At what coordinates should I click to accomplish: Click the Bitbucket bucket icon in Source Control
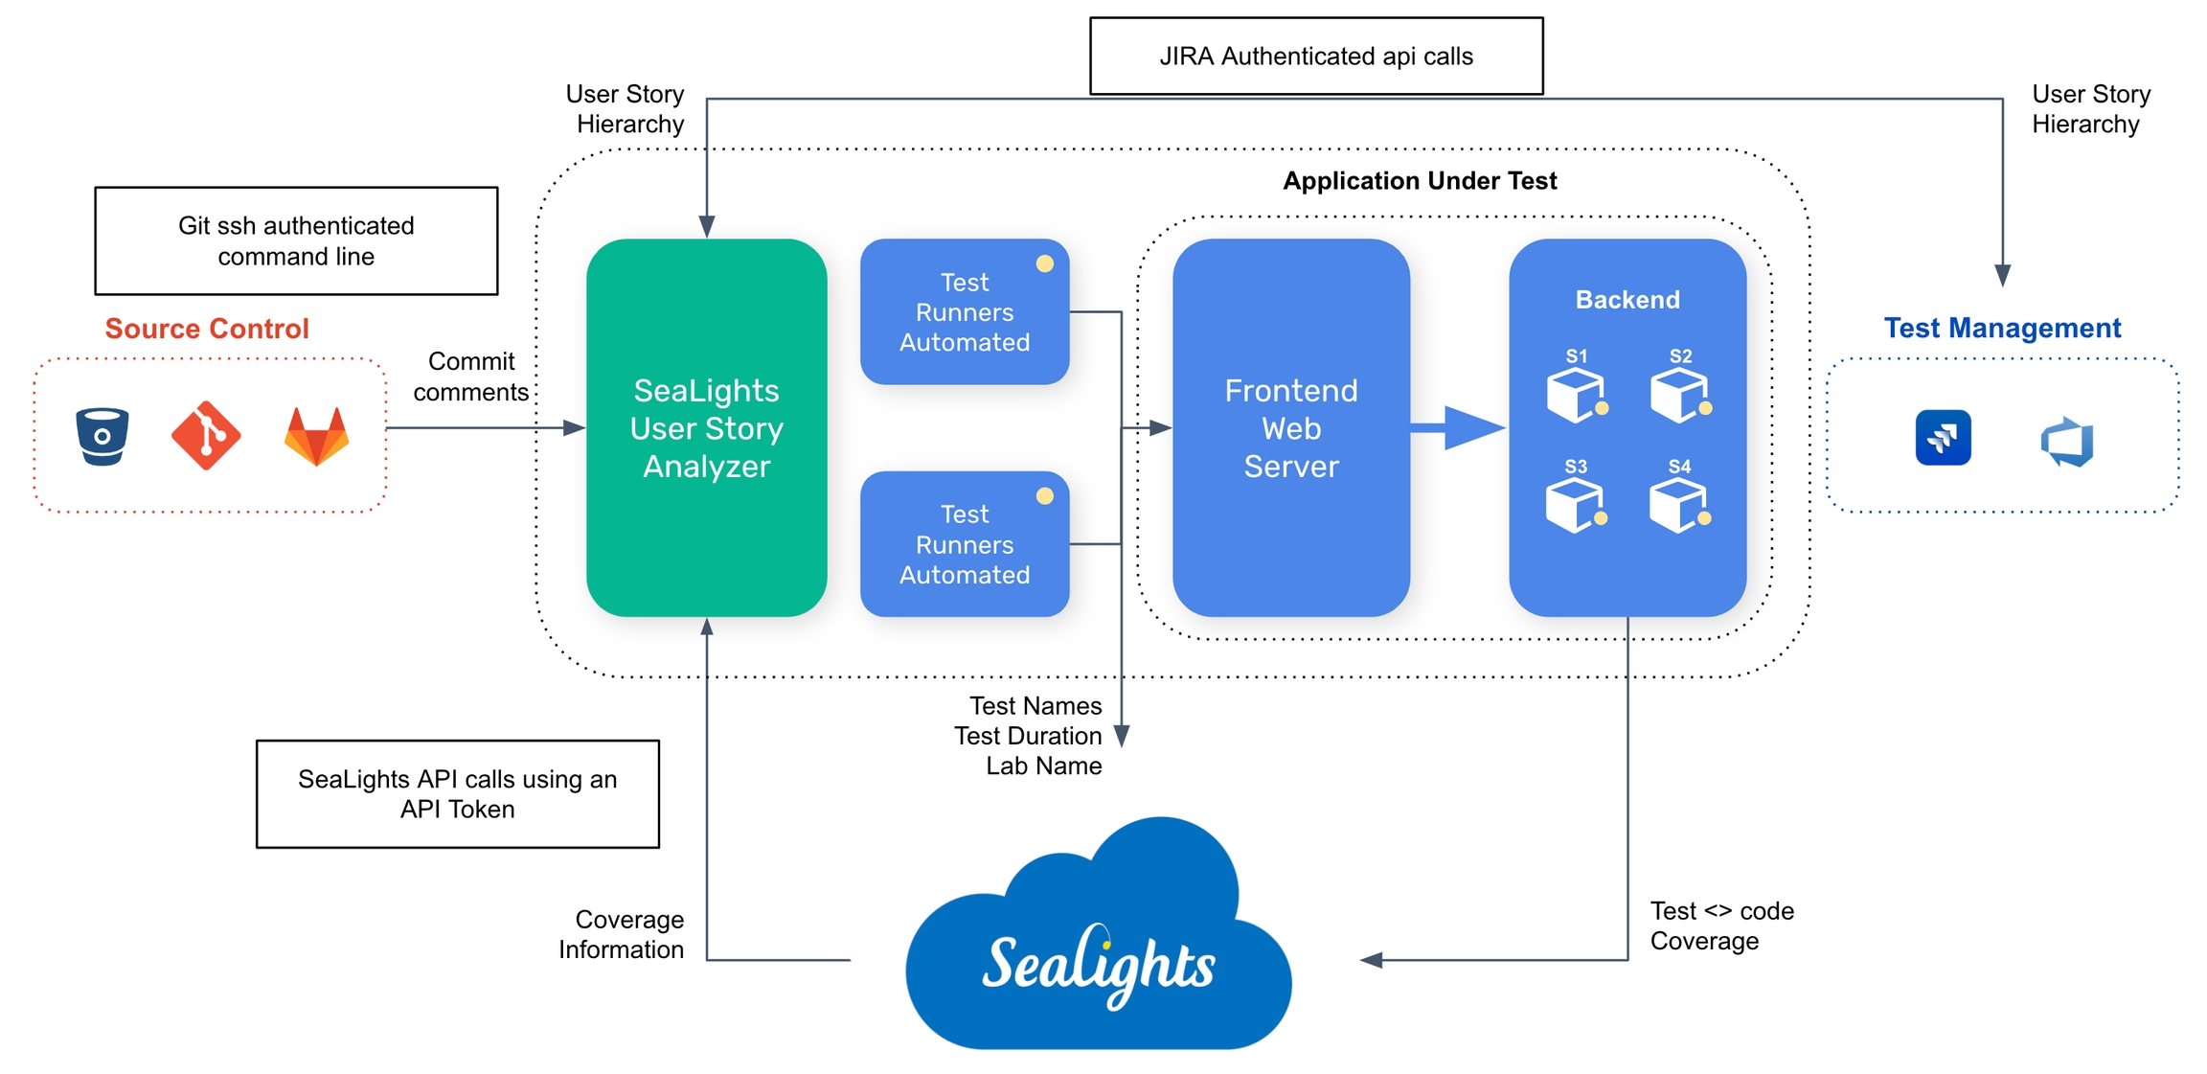click(102, 437)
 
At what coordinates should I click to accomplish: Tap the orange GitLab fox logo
click(316, 437)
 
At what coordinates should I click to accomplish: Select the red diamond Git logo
click(206, 436)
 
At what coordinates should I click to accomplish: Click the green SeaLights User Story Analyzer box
click(706, 427)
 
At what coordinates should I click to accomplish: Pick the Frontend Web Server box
click(1290, 427)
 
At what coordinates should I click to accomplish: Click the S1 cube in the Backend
click(1575, 395)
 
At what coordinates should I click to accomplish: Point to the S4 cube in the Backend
click(1678, 505)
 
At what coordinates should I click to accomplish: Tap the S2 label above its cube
click(1680, 356)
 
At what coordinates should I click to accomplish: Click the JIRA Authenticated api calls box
click(1316, 57)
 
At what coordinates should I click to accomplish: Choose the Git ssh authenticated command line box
click(296, 240)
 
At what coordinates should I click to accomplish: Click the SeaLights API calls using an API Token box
click(457, 793)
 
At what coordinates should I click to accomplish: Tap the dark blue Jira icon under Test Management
click(1943, 438)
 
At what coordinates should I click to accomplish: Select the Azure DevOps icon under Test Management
click(2067, 442)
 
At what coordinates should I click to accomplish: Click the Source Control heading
click(207, 329)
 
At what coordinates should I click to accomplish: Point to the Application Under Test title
click(1420, 181)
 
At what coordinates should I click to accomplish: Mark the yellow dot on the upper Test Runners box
click(1045, 263)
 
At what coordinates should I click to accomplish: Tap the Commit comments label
click(470, 377)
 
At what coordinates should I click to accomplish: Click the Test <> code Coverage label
click(1721, 925)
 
